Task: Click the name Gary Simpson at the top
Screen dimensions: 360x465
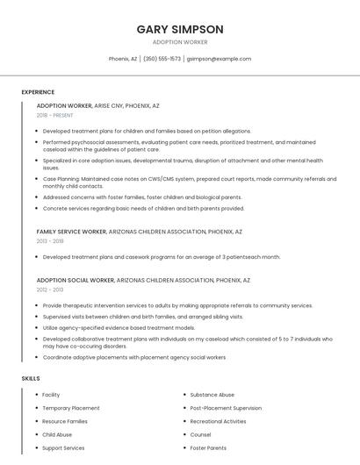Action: (180, 29)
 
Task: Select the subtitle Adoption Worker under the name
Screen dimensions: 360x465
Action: (180, 42)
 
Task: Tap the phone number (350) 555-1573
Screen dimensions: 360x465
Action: (162, 59)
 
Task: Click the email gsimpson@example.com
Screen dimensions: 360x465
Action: (220, 59)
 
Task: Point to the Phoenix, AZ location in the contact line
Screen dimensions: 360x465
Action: (123, 59)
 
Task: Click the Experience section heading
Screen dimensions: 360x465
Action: (38, 92)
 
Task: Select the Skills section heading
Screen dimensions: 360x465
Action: (31, 378)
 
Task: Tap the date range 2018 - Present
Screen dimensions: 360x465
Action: (55, 115)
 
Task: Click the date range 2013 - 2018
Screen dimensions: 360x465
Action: (50, 241)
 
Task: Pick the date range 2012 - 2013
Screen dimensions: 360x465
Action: (49, 290)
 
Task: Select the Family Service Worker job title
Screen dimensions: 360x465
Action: (71, 232)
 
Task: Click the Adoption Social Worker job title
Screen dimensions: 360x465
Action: (76, 280)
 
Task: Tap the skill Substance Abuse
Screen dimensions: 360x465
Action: (212, 395)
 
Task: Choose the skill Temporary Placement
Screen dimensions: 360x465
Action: (71, 408)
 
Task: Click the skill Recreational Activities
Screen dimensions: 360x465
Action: (219, 421)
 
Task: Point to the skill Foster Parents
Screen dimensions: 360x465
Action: (208, 448)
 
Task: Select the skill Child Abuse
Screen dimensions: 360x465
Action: (57, 434)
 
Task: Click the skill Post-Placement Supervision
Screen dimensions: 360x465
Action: (226, 408)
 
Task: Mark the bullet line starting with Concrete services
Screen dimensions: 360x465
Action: (143, 209)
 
